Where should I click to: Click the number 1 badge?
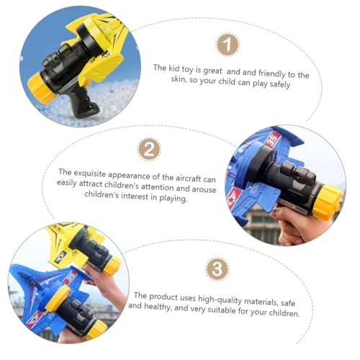pos(228,45)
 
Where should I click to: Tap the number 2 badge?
pos(149,150)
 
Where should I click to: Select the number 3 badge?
pos(217,269)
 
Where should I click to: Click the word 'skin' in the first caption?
pos(179,78)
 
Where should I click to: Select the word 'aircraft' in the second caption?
pos(188,178)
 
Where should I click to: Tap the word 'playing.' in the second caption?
pos(174,198)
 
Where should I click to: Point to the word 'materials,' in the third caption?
pos(261,302)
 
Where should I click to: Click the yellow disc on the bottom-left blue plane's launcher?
pos(58,298)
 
